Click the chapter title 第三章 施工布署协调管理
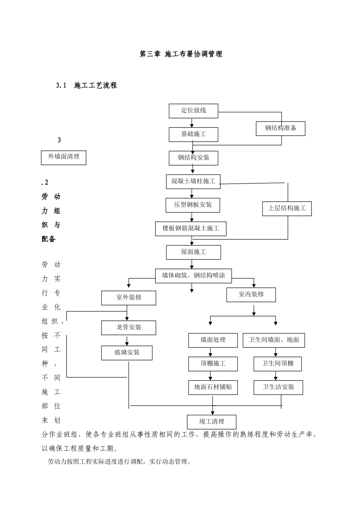click(181, 54)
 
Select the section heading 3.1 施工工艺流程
click(87, 86)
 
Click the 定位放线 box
click(193, 111)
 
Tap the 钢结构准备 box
click(280, 128)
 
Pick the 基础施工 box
click(193, 134)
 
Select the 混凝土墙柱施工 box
click(193, 181)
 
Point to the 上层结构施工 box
click(287, 208)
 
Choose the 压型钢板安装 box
click(193, 205)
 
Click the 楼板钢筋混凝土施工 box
click(191, 229)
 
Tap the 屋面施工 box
click(193, 252)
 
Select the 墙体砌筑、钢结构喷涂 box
click(193, 276)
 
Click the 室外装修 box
click(128, 298)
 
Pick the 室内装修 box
click(251, 295)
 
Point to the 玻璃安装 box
click(127, 353)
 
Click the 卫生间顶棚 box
click(278, 364)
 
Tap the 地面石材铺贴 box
click(213, 387)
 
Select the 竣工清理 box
click(211, 422)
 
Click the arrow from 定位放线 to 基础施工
click(192, 123)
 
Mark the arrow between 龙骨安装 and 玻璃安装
click(127, 340)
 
